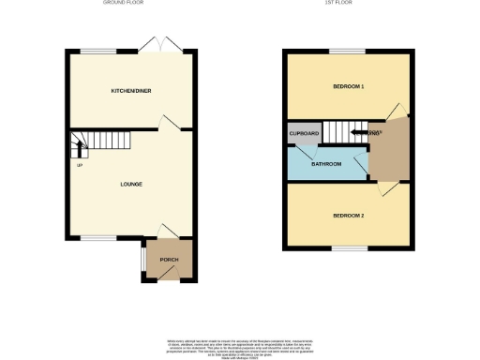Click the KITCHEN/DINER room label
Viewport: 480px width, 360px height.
click(131, 91)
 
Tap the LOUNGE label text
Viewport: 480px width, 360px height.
click(131, 184)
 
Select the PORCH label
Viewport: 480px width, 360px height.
click(169, 260)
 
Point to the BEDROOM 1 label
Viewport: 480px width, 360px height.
click(348, 86)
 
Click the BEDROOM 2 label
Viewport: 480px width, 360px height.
click(348, 216)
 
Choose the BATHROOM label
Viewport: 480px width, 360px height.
click(326, 163)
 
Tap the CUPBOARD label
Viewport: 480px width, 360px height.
click(304, 134)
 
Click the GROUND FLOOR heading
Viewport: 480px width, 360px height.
click(131, 4)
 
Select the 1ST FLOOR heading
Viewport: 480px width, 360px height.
click(348, 4)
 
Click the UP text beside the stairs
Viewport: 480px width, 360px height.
click(80, 167)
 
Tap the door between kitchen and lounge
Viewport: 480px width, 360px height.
click(165, 122)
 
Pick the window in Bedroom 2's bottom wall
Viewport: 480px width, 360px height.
click(348, 249)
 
